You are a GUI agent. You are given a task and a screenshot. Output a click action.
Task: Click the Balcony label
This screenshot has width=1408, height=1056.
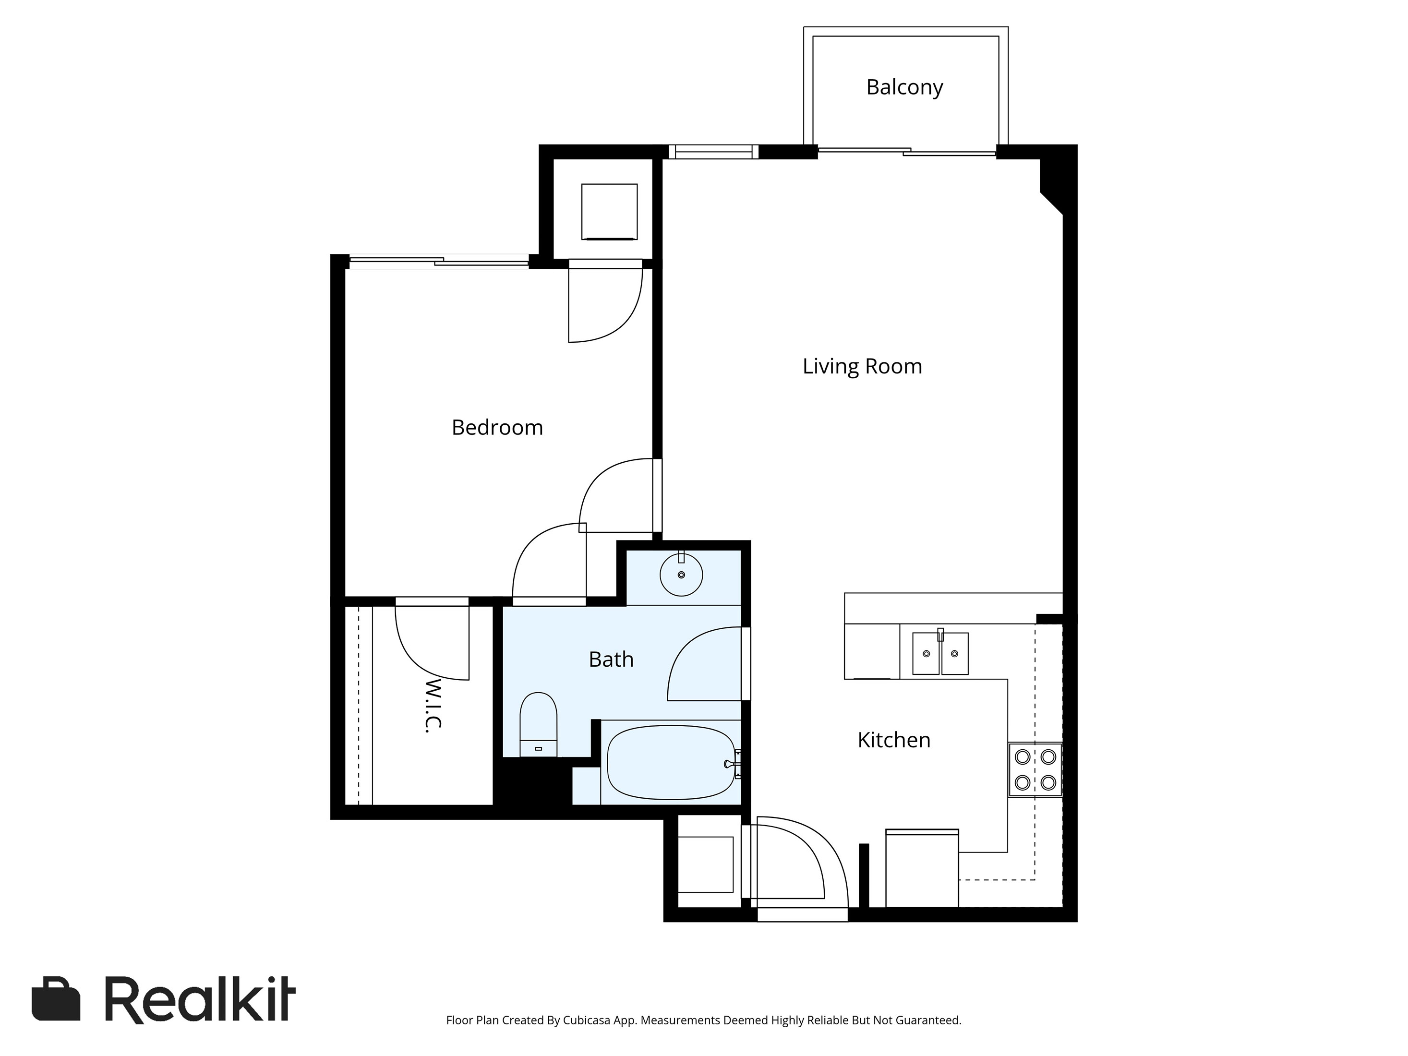point(904,87)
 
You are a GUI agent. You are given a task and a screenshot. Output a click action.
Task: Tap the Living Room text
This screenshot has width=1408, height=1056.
point(862,367)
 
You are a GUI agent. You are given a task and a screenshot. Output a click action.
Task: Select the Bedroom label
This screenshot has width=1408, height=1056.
point(497,427)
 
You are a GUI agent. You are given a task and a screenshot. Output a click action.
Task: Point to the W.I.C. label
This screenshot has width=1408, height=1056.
point(433,705)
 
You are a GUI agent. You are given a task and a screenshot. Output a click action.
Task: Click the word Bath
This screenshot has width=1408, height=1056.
point(611,660)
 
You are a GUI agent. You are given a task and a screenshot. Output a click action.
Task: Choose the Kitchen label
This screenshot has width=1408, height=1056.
point(894,740)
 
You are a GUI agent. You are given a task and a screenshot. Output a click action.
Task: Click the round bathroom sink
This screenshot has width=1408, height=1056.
point(681,575)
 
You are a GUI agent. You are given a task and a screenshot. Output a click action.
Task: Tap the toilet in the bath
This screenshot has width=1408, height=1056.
point(539,725)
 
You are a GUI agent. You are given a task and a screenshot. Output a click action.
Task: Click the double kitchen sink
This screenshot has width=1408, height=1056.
point(940,654)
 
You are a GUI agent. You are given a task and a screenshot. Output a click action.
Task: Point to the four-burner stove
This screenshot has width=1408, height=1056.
point(1035,769)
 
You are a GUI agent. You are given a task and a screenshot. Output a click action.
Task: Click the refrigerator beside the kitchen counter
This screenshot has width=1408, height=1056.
point(922,868)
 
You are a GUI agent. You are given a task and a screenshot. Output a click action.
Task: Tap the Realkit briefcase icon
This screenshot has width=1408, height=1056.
point(56,999)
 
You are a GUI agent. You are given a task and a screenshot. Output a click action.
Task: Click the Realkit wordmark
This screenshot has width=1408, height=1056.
point(200,999)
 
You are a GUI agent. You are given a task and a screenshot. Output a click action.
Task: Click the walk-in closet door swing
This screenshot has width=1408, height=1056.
point(426,649)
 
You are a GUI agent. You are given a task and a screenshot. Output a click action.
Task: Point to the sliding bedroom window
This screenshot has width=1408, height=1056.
point(439,261)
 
